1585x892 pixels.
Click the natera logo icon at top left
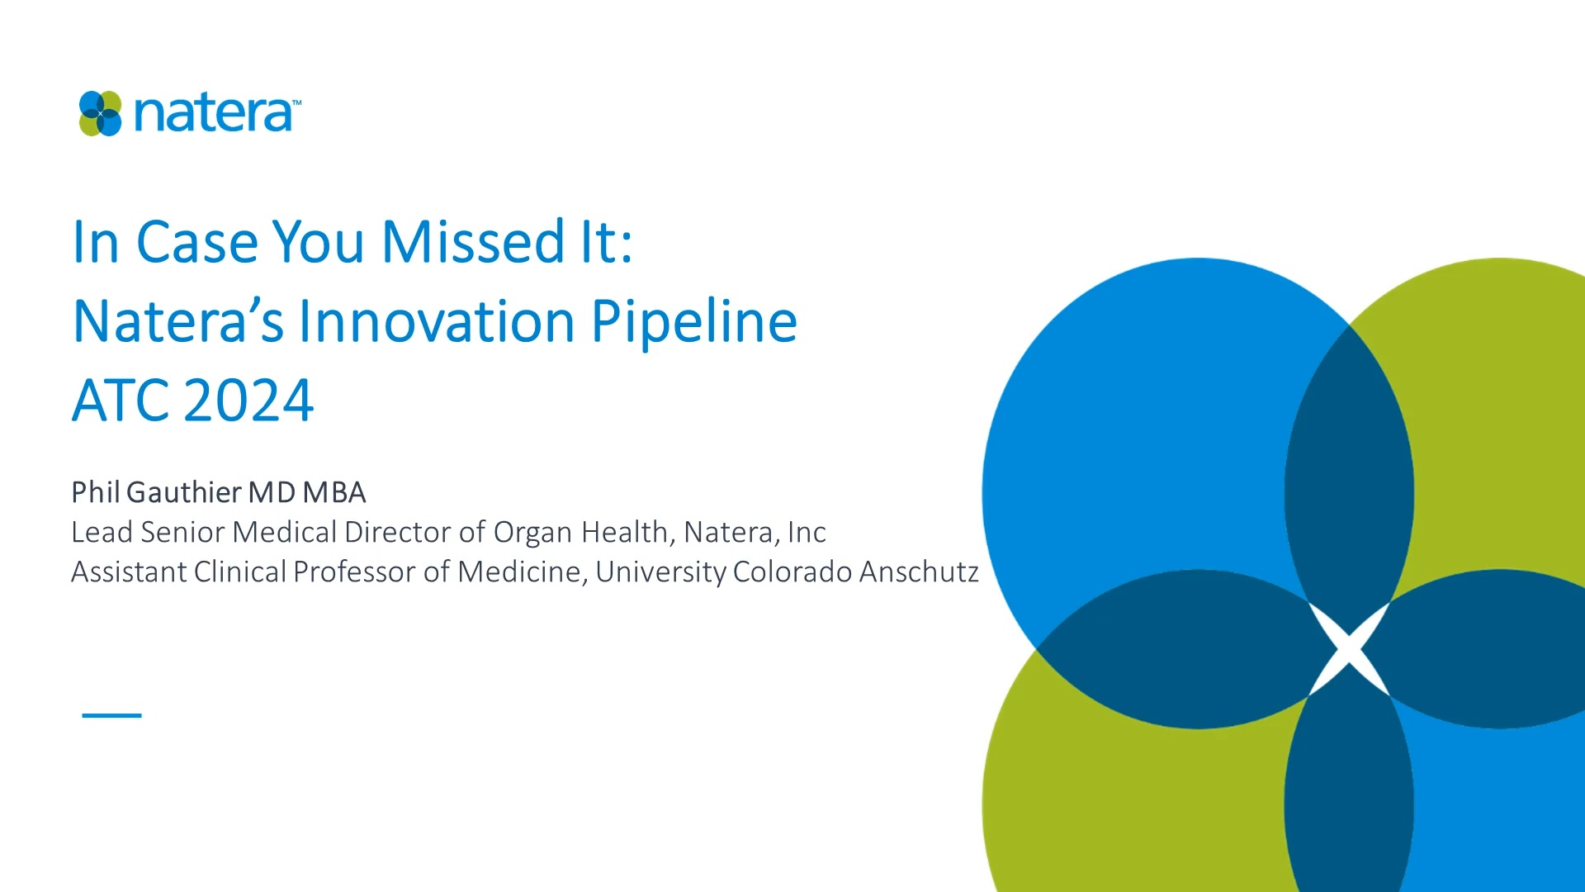(x=100, y=113)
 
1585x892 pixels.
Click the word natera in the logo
(x=213, y=113)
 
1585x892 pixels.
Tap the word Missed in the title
(x=473, y=242)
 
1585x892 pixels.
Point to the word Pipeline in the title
(x=694, y=322)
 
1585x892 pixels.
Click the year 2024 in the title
(x=248, y=401)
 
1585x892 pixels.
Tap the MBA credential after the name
(x=334, y=492)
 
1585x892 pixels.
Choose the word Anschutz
(x=919, y=572)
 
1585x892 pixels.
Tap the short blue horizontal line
(x=111, y=715)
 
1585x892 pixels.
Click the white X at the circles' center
(x=1349, y=649)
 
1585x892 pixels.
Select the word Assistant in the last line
(x=129, y=572)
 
